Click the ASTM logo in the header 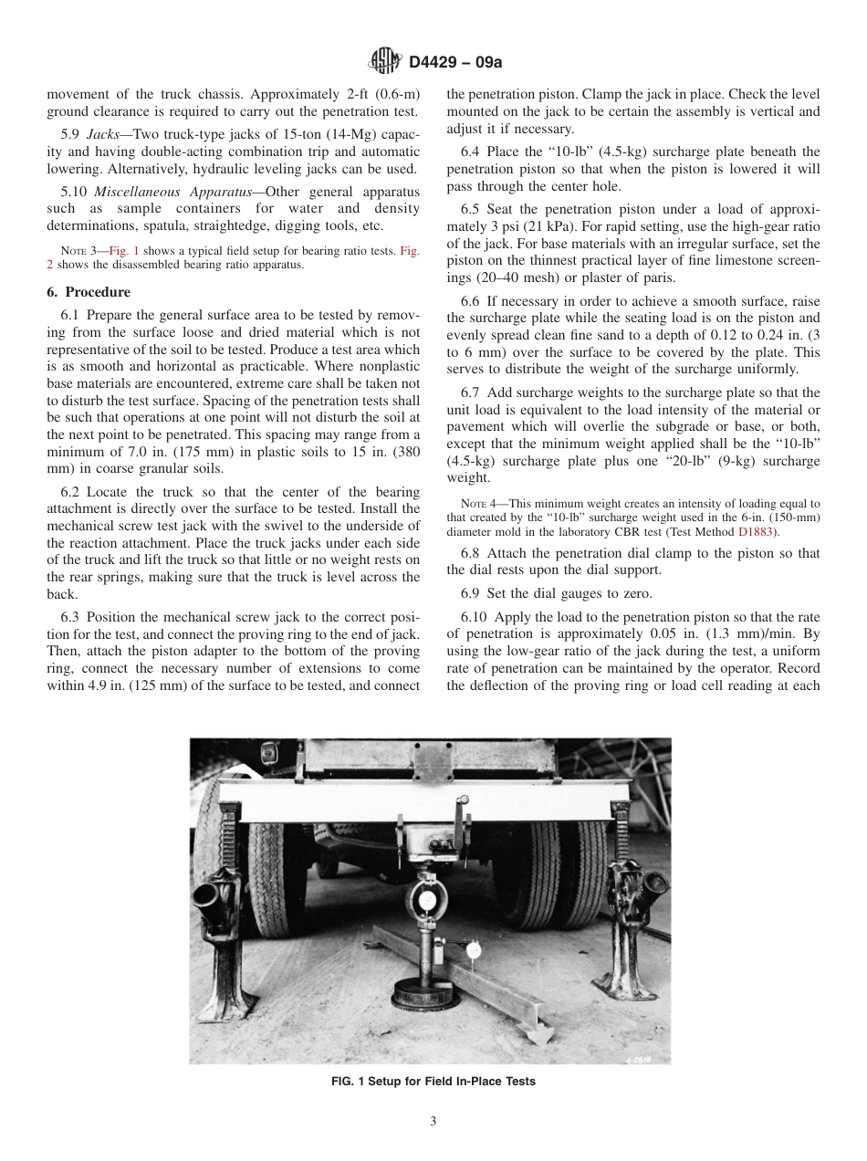point(383,62)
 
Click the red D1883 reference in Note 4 point(754,531)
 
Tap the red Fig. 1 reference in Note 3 point(124,251)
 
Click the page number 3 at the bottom point(433,1122)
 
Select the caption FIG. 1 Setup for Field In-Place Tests point(432,1082)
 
